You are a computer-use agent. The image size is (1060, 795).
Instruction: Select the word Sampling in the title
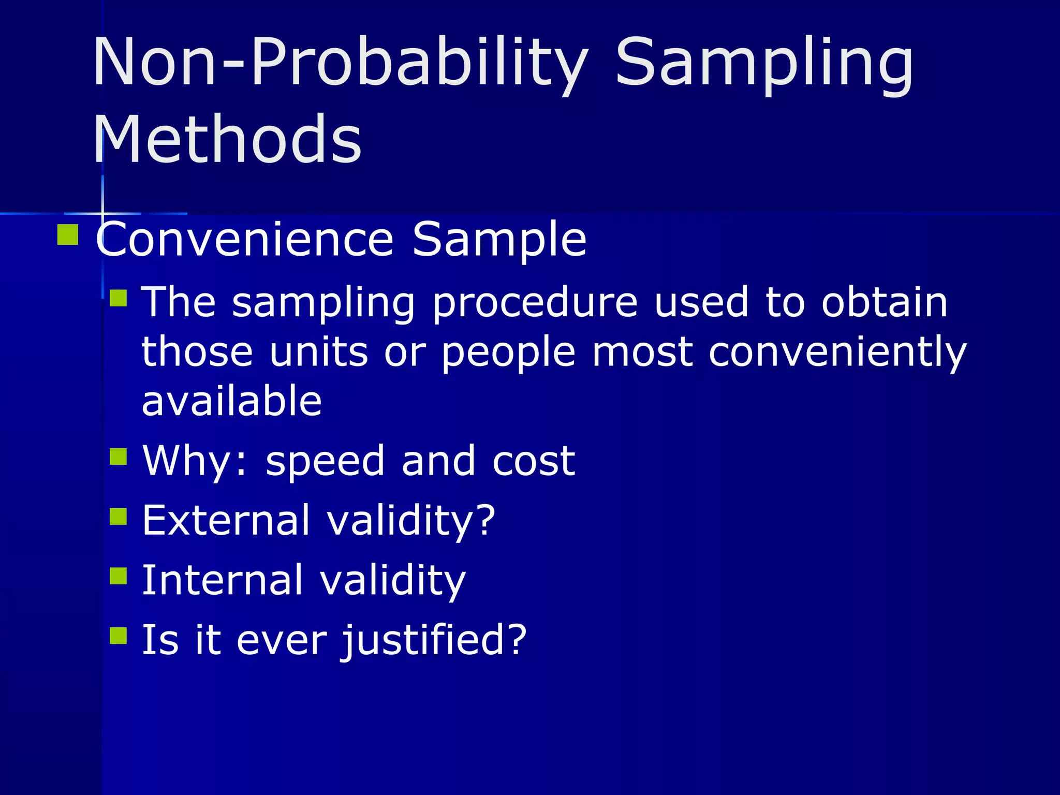coord(764,63)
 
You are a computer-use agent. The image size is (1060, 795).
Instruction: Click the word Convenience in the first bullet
coord(245,239)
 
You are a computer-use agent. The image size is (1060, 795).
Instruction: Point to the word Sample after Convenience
coord(499,239)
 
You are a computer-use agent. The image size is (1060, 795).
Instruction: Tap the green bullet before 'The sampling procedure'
coord(119,298)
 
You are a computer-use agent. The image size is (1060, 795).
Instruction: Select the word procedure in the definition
coord(535,303)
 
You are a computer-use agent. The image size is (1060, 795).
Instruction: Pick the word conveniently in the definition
coord(837,352)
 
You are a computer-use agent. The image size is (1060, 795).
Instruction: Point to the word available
coord(231,401)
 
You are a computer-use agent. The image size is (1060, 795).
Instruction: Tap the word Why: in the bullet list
coord(195,461)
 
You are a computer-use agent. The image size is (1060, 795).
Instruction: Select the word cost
coord(533,461)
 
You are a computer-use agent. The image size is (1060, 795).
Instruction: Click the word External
coord(226,520)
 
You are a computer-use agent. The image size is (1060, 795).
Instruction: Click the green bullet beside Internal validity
coord(119,576)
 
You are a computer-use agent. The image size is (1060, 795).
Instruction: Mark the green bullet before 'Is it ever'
coord(119,635)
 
